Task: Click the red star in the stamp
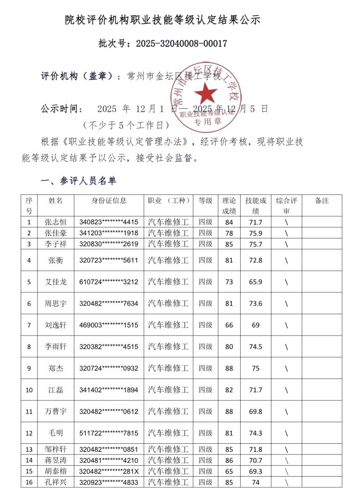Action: [x=206, y=93]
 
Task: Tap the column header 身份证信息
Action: [x=109, y=201]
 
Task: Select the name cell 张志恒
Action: [x=56, y=222]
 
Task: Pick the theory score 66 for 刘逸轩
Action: [x=229, y=325]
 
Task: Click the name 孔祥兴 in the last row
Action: [x=56, y=482]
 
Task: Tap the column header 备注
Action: [x=322, y=201]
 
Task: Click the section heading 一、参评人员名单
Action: [x=78, y=181]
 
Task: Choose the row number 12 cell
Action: [x=29, y=433]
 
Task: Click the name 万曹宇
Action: [x=56, y=411]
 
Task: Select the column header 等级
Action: [x=205, y=201]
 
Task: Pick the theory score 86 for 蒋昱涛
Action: [x=229, y=460]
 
